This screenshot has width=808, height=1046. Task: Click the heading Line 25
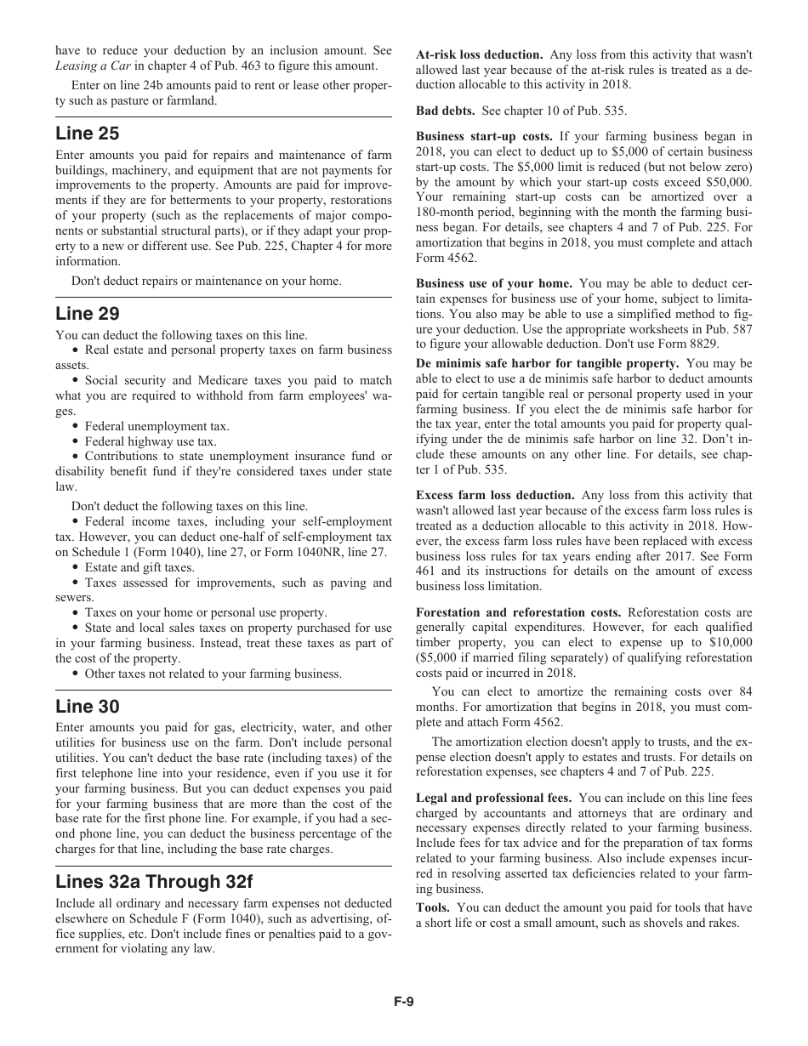coord(88,134)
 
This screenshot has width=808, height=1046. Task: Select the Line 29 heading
coord(88,314)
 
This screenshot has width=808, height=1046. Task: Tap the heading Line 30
coord(88,707)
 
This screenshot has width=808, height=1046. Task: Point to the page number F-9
coord(403,1001)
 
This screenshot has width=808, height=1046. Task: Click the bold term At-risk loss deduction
coord(480,54)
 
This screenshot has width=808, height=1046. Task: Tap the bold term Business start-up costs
coord(484,136)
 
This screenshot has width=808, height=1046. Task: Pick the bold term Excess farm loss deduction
coord(495,495)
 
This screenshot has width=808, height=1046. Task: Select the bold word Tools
coord(433,908)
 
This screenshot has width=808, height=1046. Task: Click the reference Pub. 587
coord(728,329)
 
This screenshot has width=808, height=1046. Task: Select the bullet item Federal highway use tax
coord(151,441)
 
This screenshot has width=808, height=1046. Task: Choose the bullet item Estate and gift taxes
coord(139,567)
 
